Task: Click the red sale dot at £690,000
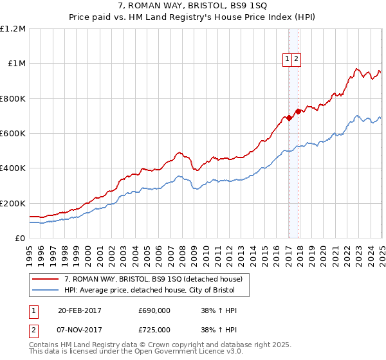(x=289, y=118)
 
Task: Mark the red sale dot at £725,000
(x=298, y=111)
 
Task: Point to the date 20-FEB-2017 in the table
(x=80, y=310)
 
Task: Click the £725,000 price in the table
(x=154, y=329)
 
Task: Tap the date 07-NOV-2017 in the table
(x=80, y=329)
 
